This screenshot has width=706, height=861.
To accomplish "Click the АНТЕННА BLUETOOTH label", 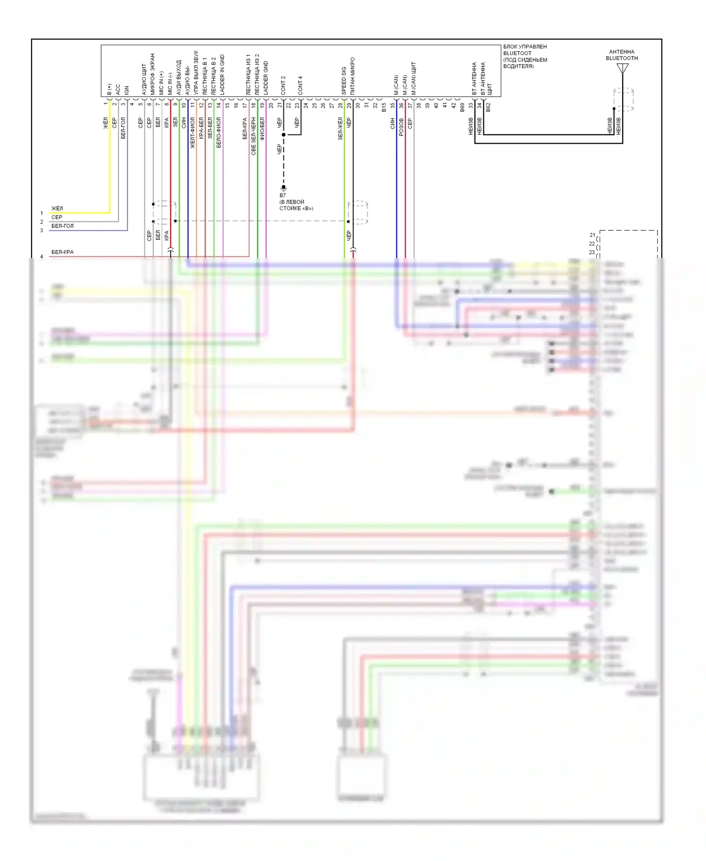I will (x=621, y=55).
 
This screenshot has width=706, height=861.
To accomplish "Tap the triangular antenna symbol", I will (x=623, y=69).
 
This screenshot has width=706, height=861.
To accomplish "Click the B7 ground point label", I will (x=282, y=195).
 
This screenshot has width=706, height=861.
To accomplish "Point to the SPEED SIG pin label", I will (x=344, y=81).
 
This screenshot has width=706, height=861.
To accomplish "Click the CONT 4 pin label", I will (x=300, y=85).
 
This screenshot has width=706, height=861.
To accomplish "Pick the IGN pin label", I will (x=127, y=89).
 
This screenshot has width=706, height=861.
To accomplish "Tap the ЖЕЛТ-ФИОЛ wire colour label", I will (x=193, y=133).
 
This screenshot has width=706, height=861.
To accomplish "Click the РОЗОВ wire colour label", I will (x=401, y=127).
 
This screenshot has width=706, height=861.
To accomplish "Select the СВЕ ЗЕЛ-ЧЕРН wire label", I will (x=253, y=137).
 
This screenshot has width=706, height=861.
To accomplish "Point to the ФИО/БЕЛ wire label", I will (x=262, y=129).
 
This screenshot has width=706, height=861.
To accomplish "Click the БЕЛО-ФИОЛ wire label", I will (x=218, y=133).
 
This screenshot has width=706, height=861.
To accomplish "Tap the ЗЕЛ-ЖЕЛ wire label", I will (x=340, y=129).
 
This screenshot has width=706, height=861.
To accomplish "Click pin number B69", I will (x=462, y=107).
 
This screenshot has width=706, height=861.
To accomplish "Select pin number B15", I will (x=384, y=107).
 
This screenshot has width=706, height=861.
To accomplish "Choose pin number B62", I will (x=489, y=107).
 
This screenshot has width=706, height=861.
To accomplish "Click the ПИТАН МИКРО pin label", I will (x=352, y=76).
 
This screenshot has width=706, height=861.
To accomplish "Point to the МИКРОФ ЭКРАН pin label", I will (x=152, y=74).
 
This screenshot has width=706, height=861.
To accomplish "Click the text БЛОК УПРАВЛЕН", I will (x=525, y=47).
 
